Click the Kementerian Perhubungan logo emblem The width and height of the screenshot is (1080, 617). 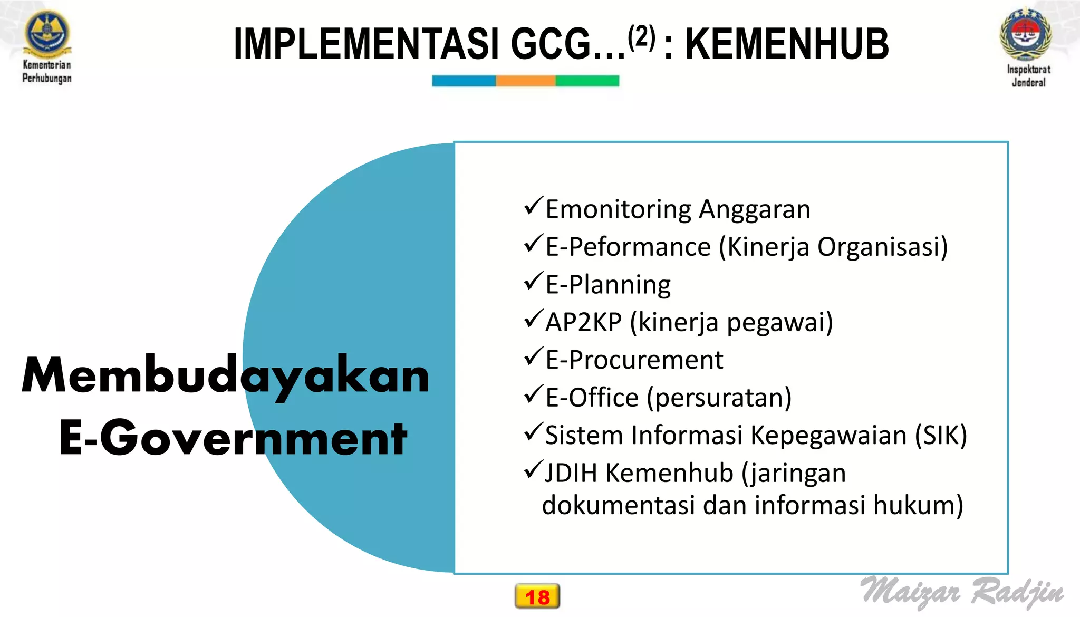coord(47,33)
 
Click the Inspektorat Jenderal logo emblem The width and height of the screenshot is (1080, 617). coord(1026,35)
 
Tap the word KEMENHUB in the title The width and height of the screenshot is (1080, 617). coord(787,44)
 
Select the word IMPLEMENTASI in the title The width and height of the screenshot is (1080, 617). coord(366,44)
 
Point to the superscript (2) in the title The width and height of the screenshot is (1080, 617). coord(642,37)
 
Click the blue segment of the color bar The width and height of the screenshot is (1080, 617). coord(464,81)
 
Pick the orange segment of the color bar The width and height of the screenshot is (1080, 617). coord(525,81)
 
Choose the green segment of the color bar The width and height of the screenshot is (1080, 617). coord(587,81)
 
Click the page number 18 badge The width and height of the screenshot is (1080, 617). coord(537,596)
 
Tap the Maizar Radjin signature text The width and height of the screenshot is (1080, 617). coord(962,591)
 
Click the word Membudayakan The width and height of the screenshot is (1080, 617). coord(226,375)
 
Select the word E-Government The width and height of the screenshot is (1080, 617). coord(233,438)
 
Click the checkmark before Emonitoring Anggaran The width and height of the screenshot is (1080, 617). coord(533,205)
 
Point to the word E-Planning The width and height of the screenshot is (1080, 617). coord(608,285)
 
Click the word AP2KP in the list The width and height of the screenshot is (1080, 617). coord(583,322)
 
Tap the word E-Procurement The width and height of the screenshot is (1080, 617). coord(634,360)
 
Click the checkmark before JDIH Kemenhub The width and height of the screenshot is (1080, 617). coord(533,469)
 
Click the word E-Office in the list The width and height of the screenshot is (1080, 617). coord(592,398)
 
